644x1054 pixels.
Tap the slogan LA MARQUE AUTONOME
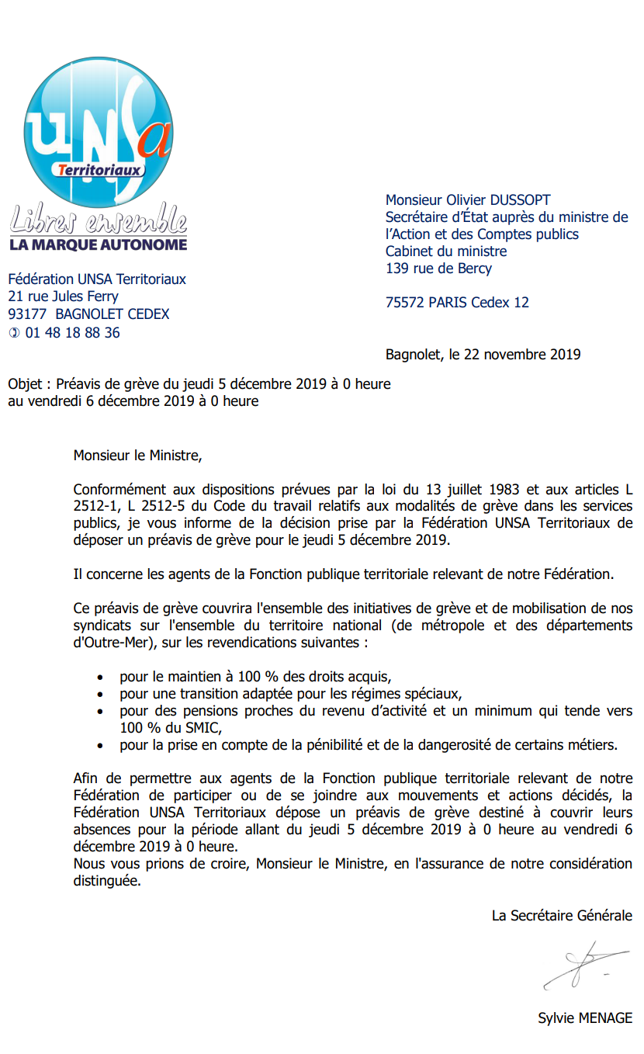pyautogui.click(x=98, y=244)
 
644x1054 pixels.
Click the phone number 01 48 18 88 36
pyautogui.click(x=73, y=333)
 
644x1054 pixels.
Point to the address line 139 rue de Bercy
pyautogui.click(x=438, y=269)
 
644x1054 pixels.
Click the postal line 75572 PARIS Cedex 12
pyautogui.click(x=457, y=303)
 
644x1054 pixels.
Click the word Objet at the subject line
pyautogui.click(x=26, y=384)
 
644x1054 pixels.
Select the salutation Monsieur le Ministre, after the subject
pyautogui.click(x=137, y=456)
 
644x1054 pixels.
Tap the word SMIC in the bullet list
pyautogui.click(x=204, y=728)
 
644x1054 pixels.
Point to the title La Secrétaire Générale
pyautogui.click(x=562, y=916)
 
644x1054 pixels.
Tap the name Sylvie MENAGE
pyautogui.click(x=585, y=1018)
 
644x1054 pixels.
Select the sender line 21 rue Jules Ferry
pyautogui.click(x=63, y=296)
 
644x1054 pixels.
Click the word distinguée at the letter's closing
pyautogui.click(x=107, y=881)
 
